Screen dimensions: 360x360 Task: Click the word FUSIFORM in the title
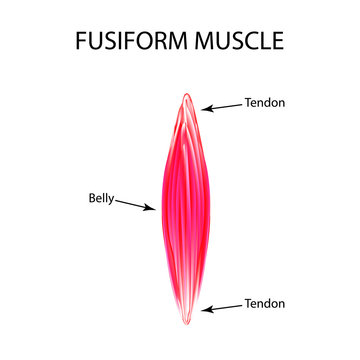(135, 41)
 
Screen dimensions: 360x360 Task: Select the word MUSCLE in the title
(238, 41)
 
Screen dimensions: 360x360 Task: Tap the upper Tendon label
(263, 102)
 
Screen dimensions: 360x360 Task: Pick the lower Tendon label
(263, 303)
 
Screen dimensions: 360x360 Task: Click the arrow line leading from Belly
(135, 203)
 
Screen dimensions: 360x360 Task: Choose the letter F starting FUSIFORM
(83, 41)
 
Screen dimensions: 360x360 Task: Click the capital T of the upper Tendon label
(247, 102)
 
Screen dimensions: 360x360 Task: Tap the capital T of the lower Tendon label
(247, 303)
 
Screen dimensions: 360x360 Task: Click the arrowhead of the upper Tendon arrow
(204, 107)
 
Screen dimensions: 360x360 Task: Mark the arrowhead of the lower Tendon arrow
(204, 309)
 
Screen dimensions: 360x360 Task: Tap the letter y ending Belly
(114, 199)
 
